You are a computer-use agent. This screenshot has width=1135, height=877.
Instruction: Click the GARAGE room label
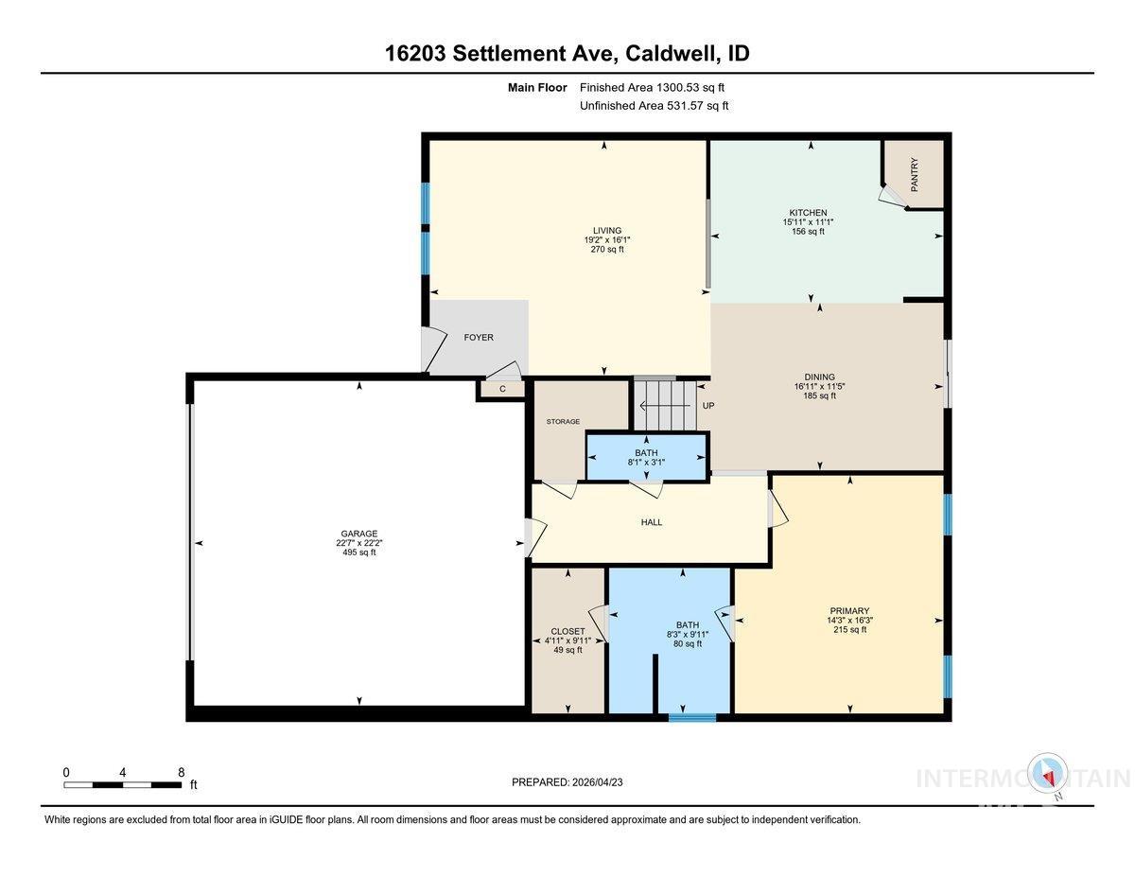pyautogui.click(x=358, y=533)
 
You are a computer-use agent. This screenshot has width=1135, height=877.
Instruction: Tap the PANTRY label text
pyautogui.click(x=915, y=174)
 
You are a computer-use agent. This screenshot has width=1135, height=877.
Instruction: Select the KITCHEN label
pyautogui.click(x=808, y=213)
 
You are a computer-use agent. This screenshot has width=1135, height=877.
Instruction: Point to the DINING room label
pyautogui.click(x=819, y=376)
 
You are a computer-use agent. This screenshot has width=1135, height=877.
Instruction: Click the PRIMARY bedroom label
pyautogui.click(x=848, y=611)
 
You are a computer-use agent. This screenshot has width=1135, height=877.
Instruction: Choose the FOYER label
pyautogui.click(x=478, y=338)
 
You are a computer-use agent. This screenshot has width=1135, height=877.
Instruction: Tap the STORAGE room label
pyautogui.click(x=563, y=422)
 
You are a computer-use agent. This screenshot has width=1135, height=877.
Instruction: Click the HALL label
pyautogui.click(x=651, y=522)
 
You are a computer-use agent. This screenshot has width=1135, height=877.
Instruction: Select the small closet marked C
pyautogui.click(x=502, y=389)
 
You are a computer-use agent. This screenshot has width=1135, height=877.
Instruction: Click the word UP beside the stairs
pyautogui.click(x=707, y=406)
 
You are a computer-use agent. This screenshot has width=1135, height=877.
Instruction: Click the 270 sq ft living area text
pyautogui.click(x=607, y=250)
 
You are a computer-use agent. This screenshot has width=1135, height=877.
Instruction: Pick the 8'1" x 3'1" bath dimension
pyautogui.click(x=647, y=463)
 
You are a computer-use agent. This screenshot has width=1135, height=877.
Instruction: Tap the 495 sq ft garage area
pyautogui.click(x=358, y=553)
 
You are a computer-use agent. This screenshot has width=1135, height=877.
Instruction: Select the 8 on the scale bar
pyautogui.click(x=181, y=772)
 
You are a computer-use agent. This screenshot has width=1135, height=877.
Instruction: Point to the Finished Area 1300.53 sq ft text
pyautogui.click(x=654, y=88)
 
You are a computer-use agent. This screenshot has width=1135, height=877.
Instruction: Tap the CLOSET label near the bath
pyautogui.click(x=567, y=631)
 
